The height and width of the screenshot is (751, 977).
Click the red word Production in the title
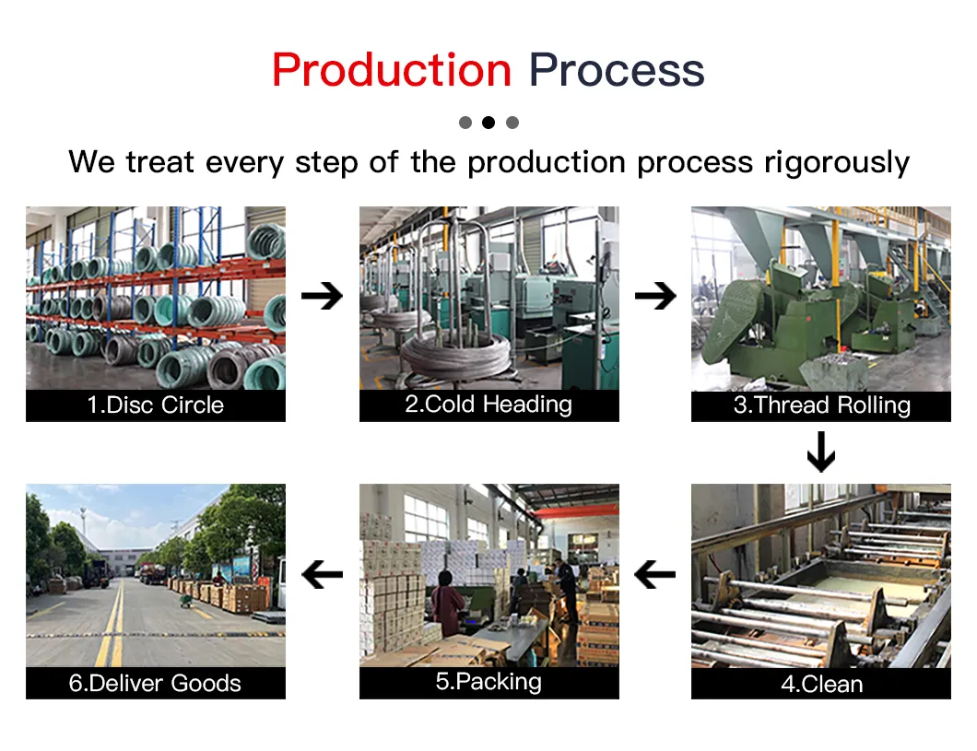[x=391, y=70]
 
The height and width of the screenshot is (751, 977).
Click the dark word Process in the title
[x=617, y=70]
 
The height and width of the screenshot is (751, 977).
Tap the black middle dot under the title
[x=488, y=123]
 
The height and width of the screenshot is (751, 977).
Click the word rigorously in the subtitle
[x=837, y=162]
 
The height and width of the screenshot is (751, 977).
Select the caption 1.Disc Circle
[x=156, y=405]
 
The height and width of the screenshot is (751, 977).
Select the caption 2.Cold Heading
[x=488, y=405]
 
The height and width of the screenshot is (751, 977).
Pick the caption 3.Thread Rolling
[x=821, y=405]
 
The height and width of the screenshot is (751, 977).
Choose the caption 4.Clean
[x=821, y=684]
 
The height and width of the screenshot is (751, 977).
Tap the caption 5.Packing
[x=488, y=682]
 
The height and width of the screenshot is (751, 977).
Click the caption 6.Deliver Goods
[x=156, y=684]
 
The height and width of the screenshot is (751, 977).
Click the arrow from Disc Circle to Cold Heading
[x=322, y=296]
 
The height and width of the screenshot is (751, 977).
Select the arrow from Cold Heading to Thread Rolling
[x=654, y=296]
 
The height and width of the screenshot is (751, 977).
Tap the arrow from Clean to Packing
[x=655, y=576]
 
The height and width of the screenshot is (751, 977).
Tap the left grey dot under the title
[x=465, y=123]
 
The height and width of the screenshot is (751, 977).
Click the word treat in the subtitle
[x=159, y=162]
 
